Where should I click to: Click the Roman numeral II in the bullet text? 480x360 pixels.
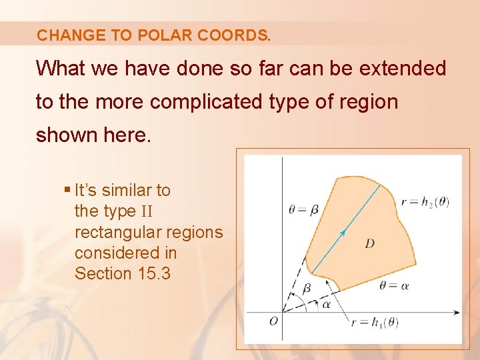coord(147,212)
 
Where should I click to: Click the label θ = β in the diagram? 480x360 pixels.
coord(303,210)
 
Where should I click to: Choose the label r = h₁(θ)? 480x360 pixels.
coord(375,323)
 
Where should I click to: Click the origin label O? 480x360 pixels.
coord(273,321)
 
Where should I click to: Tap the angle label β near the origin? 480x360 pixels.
coord(306,289)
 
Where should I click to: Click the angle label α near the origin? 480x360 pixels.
coord(325,303)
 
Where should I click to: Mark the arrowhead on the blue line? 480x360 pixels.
coord(343,232)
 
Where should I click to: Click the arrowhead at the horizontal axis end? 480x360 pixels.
coord(457,311)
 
